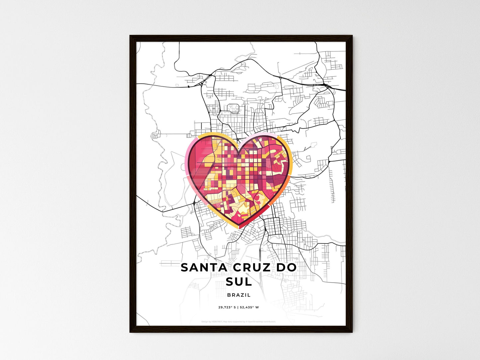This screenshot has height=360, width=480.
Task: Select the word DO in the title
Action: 285,268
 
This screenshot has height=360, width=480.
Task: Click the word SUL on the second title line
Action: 239,282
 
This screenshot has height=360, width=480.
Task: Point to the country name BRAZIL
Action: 239,295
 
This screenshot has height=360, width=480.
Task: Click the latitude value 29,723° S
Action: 227,308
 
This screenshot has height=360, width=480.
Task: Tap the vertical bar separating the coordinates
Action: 238,308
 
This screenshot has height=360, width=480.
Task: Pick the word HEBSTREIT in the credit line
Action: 217,322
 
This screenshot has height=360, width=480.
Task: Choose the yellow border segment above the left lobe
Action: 213,134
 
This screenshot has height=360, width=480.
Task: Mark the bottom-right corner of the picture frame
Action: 352,332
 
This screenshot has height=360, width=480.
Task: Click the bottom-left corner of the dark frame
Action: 130,332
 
